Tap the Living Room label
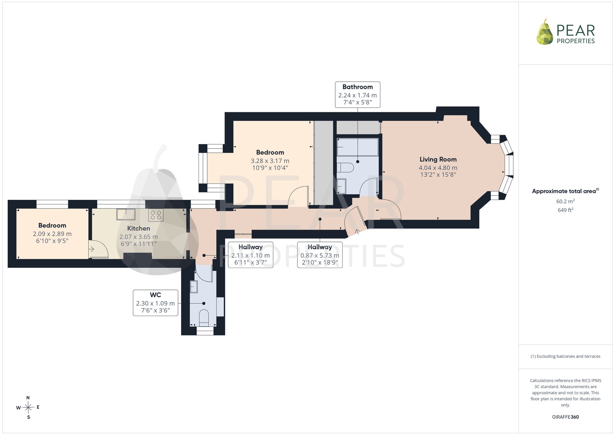[x=438, y=160]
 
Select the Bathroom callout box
[x=358, y=95]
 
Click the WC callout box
[x=156, y=303]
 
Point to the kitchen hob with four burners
[x=156, y=215]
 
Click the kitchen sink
[x=126, y=214]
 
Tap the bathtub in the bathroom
[x=358, y=147]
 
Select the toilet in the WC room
[x=204, y=318]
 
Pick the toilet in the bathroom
[x=345, y=168]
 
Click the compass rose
[x=28, y=408]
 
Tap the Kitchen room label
[x=139, y=228]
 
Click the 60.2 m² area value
[x=565, y=201]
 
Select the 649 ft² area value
[x=565, y=210]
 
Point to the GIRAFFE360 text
[x=565, y=417]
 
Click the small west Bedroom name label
[x=52, y=226]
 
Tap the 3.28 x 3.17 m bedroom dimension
[x=270, y=161]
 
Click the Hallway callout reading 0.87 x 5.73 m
[x=320, y=255]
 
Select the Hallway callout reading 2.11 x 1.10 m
[x=251, y=255]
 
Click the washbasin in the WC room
[x=194, y=287]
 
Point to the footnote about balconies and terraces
[x=565, y=356]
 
